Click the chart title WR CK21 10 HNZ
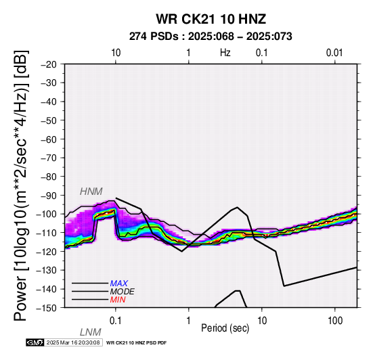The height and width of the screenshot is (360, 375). pos(211,19)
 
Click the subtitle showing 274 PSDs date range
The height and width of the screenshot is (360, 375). pos(211,37)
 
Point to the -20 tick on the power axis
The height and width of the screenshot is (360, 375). pos(48,64)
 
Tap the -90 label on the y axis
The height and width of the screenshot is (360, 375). pos(48,196)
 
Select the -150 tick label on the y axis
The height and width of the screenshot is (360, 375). pos(47,308)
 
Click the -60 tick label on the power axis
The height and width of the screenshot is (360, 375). pos(48,139)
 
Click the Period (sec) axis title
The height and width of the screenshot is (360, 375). pos(225,328)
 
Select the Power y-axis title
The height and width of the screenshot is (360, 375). pos(21,185)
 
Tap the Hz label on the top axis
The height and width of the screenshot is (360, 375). pos(225,53)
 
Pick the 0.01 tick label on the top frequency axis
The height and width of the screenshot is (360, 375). pos(334,53)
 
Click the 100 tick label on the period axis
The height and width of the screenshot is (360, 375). pos(335,321)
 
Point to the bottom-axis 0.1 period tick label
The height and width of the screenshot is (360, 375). pos(116,321)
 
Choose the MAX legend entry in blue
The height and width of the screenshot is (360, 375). pos(119,284)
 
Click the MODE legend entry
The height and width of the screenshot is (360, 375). pos(123,292)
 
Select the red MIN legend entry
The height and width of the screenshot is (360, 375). pos(118,300)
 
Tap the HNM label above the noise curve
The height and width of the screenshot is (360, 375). pos(91,192)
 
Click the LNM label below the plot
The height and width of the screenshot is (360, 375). pos(91,332)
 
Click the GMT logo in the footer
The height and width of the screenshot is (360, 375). pos(35,342)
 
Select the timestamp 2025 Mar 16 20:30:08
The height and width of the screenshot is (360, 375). pos(73,342)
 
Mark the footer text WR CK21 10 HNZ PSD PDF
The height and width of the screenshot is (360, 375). pos(136,343)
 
